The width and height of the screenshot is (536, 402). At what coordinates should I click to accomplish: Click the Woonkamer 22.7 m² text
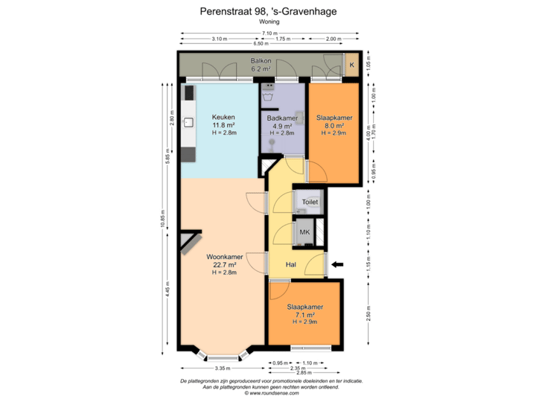click(222, 264)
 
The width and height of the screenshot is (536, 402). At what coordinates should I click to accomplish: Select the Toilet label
click(310, 202)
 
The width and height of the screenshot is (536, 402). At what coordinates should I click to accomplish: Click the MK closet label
click(304, 232)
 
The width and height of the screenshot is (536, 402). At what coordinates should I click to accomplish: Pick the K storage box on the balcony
click(351, 66)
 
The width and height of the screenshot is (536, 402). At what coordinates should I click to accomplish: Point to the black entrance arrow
click(339, 264)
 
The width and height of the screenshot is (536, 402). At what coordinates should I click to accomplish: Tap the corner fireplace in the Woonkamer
click(190, 243)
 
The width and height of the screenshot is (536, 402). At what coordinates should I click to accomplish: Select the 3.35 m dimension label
click(221, 368)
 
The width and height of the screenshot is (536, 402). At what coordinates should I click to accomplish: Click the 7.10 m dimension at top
click(269, 33)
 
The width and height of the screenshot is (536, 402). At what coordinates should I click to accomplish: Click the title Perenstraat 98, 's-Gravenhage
click(267, 11)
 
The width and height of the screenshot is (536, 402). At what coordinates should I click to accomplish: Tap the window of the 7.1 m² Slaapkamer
click(305, 348)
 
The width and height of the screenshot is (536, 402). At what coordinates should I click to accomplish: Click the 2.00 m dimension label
click(334, 39)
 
